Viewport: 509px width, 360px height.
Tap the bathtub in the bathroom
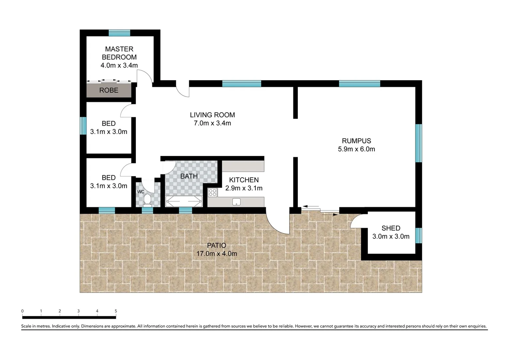click(184, 201)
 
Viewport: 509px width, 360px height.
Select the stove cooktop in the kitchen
click(213, 192)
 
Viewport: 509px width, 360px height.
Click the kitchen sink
click(237, 202)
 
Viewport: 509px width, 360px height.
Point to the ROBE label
click(109, 90)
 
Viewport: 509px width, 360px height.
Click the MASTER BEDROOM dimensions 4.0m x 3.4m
click(119, 65)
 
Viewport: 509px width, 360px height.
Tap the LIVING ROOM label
click(212, 115)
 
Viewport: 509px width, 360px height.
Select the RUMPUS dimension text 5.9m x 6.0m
click(356, 149)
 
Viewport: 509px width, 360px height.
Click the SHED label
click(391, 228)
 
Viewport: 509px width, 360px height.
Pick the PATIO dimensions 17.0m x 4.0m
click(217, 254)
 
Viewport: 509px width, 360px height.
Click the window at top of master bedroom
click(119, 33)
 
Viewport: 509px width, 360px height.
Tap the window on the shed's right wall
click(419, 235)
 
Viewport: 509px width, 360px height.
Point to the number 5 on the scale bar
click(116, 311)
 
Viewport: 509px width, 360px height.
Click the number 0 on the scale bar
click(23, 311)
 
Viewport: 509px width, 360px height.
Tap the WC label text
click(141, 192)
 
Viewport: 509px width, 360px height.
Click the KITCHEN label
click(244, 180)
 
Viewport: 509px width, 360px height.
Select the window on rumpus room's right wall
click(419, 143)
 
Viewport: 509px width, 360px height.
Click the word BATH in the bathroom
click(189, 176)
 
